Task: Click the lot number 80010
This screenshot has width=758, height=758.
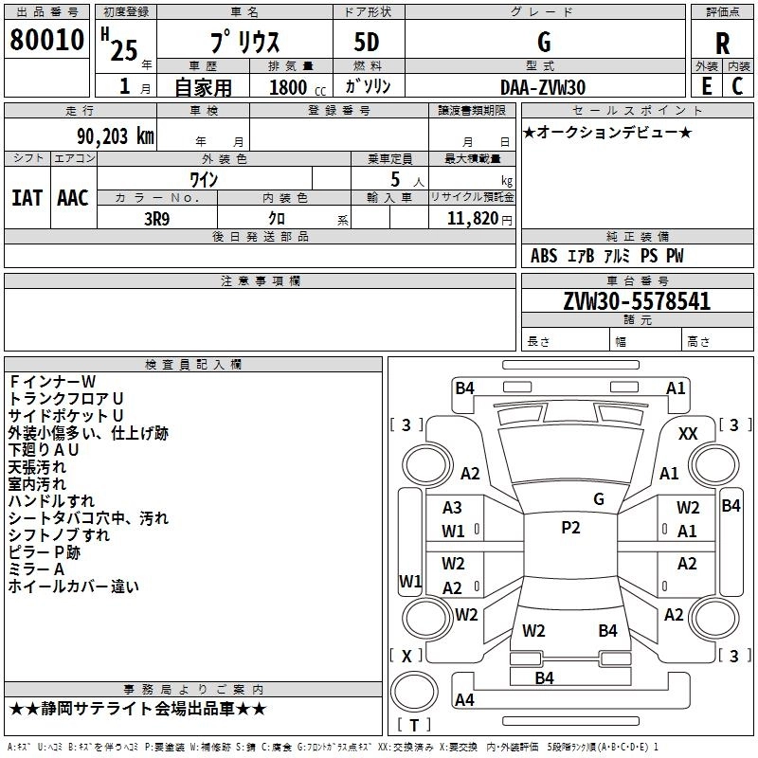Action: pos(46,40)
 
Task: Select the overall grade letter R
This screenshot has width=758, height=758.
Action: pos(722,44)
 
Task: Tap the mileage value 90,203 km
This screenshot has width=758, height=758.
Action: pos(116,136)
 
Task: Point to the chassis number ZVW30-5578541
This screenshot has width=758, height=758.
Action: pos(637,301)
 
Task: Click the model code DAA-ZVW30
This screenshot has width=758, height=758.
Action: pos(542,87)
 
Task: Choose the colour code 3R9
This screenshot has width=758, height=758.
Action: pos(156,219)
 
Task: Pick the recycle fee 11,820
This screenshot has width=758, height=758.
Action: pos(473,219)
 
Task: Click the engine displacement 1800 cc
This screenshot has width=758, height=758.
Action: pos(298,87)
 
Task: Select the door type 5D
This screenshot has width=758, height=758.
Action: pos(367,43)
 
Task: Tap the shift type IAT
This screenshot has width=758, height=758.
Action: pos(27,198)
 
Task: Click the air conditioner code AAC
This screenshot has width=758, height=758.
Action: pos(73,198)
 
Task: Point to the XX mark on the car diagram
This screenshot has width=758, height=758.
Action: pos(688,434)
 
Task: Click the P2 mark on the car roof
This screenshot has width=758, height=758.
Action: pos(570,528)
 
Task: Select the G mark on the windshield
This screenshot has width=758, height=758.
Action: pos(599,499)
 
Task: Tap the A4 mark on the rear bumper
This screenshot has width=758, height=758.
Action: pos(464,699)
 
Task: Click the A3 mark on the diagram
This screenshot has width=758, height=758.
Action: pos(452,508)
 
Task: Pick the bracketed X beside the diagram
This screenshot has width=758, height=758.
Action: pos(406,656)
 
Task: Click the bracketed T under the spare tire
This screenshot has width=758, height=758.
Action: pos(414,725)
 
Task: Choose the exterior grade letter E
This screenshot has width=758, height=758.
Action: pos(707,86)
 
